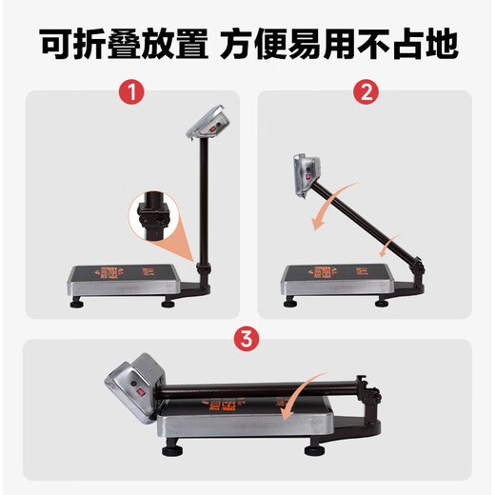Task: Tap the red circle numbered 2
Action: pyautogui.click(x=366, y=94)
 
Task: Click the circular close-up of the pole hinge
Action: pyautogui.click(x=151, y=218)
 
